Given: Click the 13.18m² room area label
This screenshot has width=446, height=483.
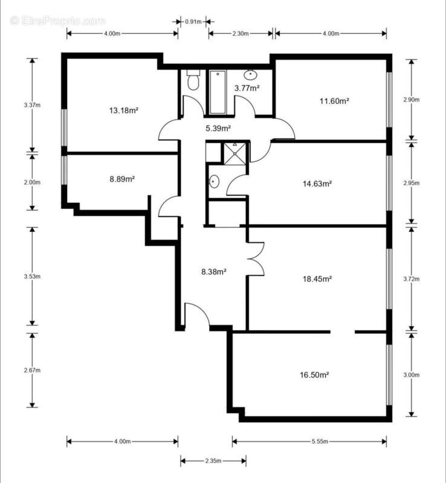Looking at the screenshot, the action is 123,110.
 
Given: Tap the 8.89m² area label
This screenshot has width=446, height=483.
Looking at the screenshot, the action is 122,179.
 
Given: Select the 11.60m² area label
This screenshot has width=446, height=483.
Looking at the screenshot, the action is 334,101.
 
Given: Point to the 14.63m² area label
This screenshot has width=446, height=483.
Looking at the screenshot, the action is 317,184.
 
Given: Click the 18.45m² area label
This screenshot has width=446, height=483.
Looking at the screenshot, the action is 317,279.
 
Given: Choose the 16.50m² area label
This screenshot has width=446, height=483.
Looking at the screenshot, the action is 314,375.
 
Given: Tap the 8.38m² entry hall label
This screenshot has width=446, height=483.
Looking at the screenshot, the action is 214,272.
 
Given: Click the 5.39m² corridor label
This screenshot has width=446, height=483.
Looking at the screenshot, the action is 218,128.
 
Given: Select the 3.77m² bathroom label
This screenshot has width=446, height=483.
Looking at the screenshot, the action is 247,88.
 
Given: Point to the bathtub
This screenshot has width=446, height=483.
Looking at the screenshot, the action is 218,92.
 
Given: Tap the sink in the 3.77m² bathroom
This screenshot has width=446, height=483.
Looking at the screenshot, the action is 250,74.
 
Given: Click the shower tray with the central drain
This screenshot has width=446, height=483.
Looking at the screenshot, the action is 234,153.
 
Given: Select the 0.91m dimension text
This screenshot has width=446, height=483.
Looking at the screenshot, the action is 193,22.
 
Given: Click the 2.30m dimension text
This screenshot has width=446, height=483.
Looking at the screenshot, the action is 241,34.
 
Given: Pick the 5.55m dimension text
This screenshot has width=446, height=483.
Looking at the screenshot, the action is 320,441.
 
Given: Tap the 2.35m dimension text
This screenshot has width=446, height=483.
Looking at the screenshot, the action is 213,461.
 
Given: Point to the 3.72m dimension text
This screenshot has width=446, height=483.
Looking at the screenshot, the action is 412,279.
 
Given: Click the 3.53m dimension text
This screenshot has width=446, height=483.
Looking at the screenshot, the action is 33,277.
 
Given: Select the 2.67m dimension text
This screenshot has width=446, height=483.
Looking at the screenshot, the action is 33,370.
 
